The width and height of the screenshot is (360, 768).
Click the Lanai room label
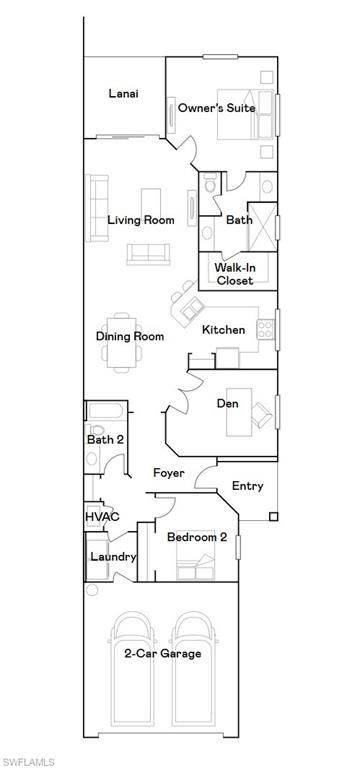coord(123,94)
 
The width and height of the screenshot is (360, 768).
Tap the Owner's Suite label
coord(217,107)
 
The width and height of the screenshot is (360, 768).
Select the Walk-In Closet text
coord(235,274)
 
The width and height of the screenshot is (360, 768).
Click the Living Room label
coord(141,220)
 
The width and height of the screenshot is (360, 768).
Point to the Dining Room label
coord(130,337)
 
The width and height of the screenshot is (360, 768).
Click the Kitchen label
coord(223,330)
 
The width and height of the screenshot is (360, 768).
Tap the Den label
coord(227,404)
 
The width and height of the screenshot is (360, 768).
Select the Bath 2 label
coord(104,439)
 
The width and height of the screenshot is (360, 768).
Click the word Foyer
coord(168,472)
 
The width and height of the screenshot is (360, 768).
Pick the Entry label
coord(247,486)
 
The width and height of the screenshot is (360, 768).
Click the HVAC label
coord(102,516)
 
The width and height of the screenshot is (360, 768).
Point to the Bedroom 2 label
coord(197,537)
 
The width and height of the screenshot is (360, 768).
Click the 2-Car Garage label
coord(163,653)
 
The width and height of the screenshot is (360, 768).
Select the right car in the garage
coord(195,665)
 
